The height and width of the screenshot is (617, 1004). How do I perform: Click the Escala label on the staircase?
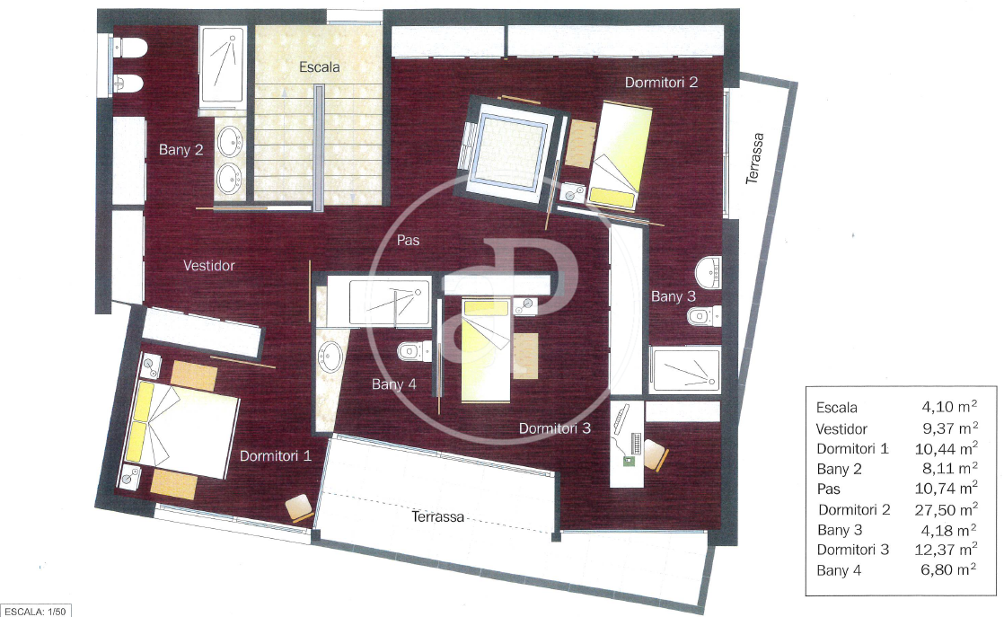tap(319, 66)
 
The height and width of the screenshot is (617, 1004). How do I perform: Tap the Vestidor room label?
tap(208, 265)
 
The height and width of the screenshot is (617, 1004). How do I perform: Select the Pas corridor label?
tap(408, 240)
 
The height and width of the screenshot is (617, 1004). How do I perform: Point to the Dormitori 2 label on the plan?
tap(661, 82)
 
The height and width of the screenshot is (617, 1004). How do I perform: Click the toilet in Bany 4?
tap(414, 351)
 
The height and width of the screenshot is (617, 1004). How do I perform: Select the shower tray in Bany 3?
tap(684, 369)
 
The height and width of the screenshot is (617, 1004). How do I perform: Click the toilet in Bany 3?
tap(704, 315)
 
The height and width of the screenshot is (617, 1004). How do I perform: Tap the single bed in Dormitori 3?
tap(486, 351)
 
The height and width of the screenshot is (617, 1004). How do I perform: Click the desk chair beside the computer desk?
tap(655, 454)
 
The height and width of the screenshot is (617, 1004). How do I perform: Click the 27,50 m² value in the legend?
tap(946, 509)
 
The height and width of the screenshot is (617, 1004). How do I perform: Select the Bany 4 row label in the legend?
tap(839, 570)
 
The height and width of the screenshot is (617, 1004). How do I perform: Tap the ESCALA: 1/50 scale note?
tap(35, 612)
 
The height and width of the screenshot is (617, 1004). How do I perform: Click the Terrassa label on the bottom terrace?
tap(438, 516)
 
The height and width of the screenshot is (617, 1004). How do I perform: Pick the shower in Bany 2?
tap(222, 66)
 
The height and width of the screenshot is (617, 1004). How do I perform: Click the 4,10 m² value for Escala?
tap(949, 407)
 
